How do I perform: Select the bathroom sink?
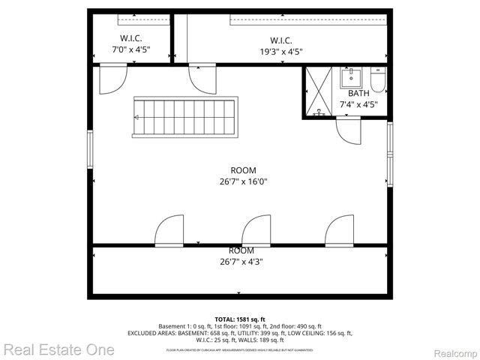pyautogui.click(x=351, y=77)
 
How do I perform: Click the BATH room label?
pyautogui.click(x=358, y=94)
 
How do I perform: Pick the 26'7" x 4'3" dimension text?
pyautogui.click(x=241, y=262)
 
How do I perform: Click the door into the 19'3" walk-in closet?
pyautogui.click(x=202, y=78)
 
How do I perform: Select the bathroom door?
pyautogui.click(x=349, y=131)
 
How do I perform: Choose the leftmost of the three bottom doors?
pyautogui.click(x=169, y=230)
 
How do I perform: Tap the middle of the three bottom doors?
pyautogui.click(x=256, y=230)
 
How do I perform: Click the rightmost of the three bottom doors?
pyautogui.click(x=339, y=230)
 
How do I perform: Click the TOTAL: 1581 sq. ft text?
pyautogui.click(x=240, y=319)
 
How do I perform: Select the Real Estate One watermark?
pyautogui.click(x=58, y=349)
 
